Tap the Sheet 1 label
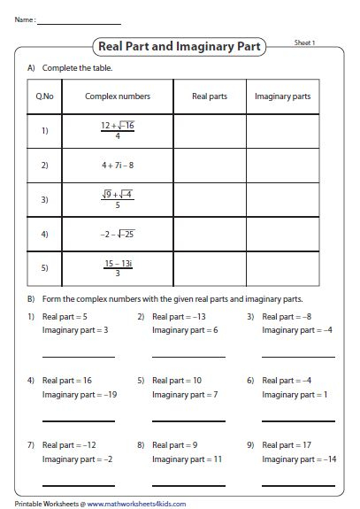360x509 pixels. pyautogui.click(x=304, y=42)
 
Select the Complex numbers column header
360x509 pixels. pyautogui.click(x=118, y=96)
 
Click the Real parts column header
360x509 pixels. pyautogui.click(x=209, y=96)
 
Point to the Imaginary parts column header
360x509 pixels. pyautogui.click(x=282, y=96)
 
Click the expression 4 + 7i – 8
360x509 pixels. pyautogui.click(x=118, y=165)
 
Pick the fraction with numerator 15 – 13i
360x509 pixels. pyautogui.click(x=118, y=266)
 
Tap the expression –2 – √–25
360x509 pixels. pyautogui.click(x=118, y=234)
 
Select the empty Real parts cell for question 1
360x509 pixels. pyautogui.click(x=209, y=131)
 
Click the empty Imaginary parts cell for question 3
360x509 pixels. pyautogui.click(x=282, y=199)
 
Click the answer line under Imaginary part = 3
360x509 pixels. pyautogui.click(x=79, y=357)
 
